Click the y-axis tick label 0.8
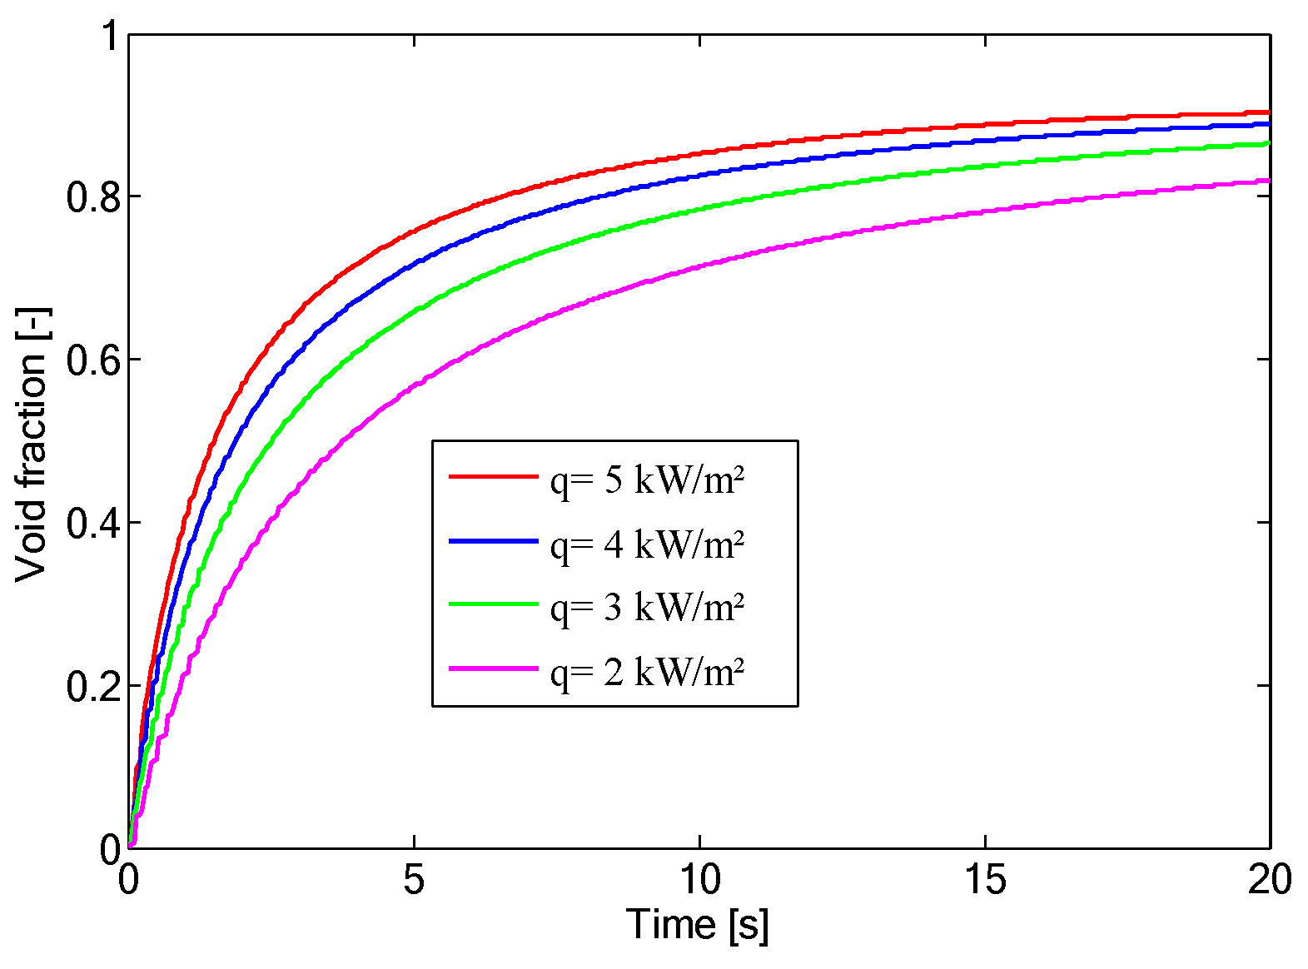pos(93,196)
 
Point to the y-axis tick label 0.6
pos(93,359)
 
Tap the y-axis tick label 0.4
pos(93,523)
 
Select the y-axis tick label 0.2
pos(93,686)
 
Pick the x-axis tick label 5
pos(414,879)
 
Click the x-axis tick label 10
pos(700,879)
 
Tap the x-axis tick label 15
pos(986,879)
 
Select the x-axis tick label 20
pos(1270,879)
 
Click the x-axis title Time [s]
pos(697,925)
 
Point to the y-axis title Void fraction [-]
pos(32,445)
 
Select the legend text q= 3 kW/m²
pos(647,608)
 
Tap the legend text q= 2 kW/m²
pos(647,673)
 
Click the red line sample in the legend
pos(494,476)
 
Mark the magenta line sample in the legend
pos(494,668)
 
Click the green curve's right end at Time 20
pos(1269,143)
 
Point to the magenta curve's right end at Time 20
pos(1269,181)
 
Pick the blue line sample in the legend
pos(494,541)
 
